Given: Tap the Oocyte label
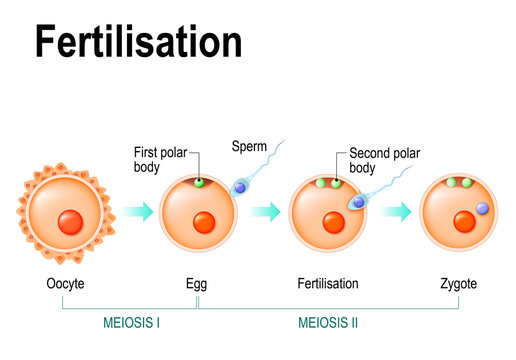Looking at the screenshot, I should pos(65,284).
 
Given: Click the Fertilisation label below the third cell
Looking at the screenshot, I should pos(327,284).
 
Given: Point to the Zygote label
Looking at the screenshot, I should pos(459,284).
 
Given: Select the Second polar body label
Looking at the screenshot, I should pos(384,160).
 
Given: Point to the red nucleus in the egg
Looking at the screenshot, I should pos(203,222).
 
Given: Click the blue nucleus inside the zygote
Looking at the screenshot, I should pos(482,208).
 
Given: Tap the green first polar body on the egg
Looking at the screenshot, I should pos(200,183).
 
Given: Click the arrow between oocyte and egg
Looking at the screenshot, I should pos(136,211).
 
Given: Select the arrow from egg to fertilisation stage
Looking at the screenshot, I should pos(266,211).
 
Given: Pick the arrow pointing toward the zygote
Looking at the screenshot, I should pos(396,211).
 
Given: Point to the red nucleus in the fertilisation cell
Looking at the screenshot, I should pos(333,222).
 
